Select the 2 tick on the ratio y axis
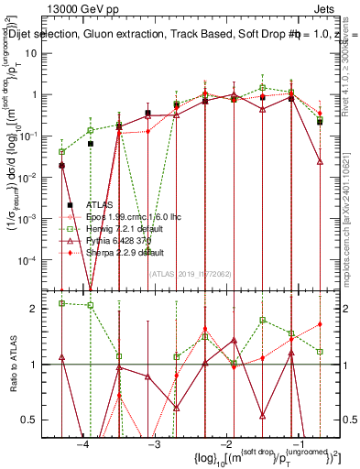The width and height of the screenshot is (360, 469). tap(41, 309)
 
